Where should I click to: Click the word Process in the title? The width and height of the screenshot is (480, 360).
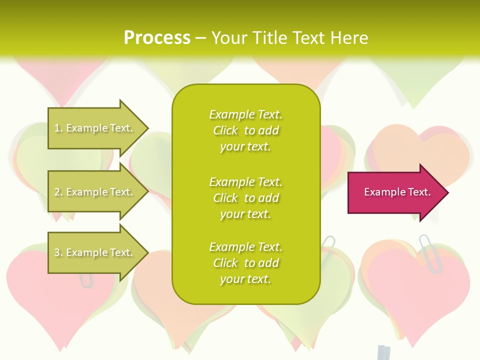point(157,37)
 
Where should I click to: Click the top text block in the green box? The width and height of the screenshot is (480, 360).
point(245,130)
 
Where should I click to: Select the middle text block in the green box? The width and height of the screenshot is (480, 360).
point(245,198)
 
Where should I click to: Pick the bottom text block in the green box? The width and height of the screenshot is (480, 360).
point(245,263)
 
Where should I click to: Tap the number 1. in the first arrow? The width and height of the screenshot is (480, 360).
point(58,128)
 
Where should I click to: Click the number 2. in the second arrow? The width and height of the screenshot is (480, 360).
point(58,192)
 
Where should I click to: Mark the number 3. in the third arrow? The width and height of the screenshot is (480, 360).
point(58,252)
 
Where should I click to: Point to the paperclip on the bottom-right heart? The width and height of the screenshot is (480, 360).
point(430,252)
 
